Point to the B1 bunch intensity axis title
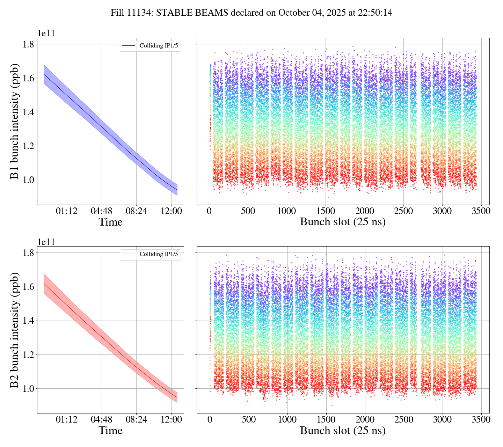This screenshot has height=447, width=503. pos(15,121)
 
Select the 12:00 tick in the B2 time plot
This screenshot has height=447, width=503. pos(172,420)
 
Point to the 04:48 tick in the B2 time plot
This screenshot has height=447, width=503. pos(102,420)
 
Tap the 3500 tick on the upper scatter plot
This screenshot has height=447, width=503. pos(481,211)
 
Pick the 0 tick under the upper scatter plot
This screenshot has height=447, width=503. pos(209,211)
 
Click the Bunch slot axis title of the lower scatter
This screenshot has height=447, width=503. pos(343,431)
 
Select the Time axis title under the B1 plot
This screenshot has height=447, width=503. pos(110,222)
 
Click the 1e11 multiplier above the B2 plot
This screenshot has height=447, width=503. pos(46,242)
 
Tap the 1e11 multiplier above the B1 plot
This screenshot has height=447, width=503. pos(46,34)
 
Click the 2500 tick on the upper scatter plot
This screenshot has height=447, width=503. pos(403,211)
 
